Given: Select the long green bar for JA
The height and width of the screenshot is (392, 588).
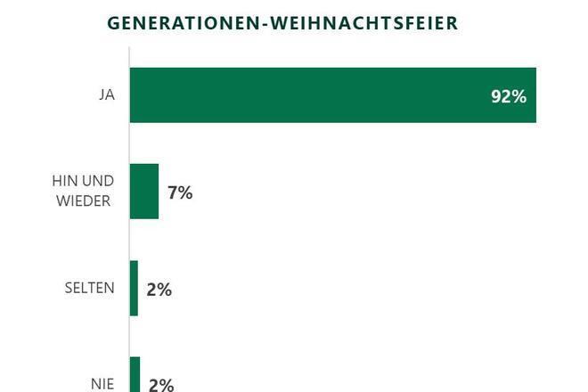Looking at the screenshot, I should (332, 95).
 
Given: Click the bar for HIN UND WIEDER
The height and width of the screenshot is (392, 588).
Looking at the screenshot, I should (144, 192).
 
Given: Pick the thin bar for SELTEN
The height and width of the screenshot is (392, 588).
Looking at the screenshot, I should (134, 288).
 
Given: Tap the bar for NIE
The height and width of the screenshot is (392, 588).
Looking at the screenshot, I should (135, 375).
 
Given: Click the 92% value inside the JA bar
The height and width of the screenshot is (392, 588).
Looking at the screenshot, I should (509, 96).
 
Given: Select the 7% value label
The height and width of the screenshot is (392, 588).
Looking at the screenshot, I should (180, 192).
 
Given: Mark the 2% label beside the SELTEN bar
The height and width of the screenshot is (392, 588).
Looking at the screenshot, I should (159, 290).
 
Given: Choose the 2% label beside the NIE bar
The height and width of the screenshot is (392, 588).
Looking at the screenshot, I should (160, 385).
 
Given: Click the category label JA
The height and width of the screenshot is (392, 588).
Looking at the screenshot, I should (106, 95).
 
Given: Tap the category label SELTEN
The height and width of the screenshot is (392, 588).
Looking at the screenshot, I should (89, 289).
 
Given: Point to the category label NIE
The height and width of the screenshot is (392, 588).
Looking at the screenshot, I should (102, 385).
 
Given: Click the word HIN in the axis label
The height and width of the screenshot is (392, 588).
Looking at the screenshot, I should (65, 182).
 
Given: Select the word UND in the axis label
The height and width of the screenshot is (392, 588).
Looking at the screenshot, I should (99, 182).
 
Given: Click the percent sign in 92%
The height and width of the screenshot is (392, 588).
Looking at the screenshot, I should (519, 96).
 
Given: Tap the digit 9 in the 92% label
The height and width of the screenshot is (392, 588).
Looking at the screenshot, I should (495, 96).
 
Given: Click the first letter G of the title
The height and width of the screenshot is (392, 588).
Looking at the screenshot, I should (113, 23).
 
